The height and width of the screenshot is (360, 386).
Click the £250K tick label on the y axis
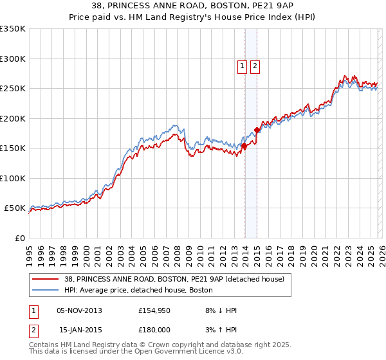click(x=13, y=89)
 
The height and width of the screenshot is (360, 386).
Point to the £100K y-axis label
click(x=13, y=178)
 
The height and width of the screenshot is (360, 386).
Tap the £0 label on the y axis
click(x=20, y=238)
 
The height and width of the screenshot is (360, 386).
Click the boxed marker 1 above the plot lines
click(x=242, y=65)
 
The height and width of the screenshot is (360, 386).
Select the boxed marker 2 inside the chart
click(x=255, y=65)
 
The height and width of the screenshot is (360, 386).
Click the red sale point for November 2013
click(x=244, y=146)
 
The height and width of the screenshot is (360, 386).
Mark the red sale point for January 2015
click(x=257, y=130)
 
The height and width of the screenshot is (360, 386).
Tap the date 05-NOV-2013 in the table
click(x=79, y=310)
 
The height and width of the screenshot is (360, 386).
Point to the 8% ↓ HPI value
click(x=221, y=310)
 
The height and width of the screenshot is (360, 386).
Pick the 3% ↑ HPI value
click(x=221, y=330)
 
